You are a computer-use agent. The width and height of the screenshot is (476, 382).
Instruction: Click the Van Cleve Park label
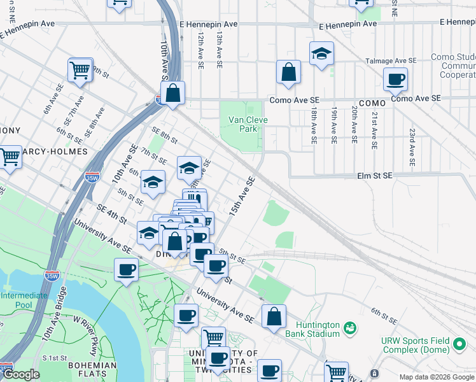point(243,124)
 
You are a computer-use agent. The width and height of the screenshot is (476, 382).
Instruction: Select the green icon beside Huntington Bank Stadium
point(349,329)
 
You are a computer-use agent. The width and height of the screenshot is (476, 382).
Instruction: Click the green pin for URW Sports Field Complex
point(459,345)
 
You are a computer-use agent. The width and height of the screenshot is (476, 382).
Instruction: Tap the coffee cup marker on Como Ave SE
point(395,80)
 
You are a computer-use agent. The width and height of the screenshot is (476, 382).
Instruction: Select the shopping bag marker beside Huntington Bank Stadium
point(274,316)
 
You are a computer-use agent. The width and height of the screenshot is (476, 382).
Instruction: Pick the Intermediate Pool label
point(24,300)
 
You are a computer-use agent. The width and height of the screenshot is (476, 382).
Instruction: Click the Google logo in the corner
point(21,374)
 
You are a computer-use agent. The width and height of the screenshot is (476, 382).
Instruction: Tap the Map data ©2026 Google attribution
point(436,377)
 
